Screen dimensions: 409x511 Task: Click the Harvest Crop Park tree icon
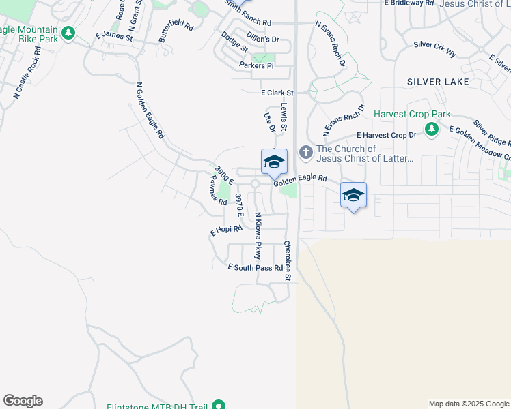[x=431, y=129]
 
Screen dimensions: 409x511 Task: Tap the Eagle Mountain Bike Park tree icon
[x=68, y=33]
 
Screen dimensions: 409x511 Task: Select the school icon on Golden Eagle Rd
[x=274, y=162]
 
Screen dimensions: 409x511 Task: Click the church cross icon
[x=305, y=153]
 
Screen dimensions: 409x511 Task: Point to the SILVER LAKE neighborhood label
[x=438, y=82]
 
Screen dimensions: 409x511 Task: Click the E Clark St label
[x=277, y=93]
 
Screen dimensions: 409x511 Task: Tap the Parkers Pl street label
[x=256, y=65]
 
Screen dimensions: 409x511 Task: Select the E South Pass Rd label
[x=255, y=268]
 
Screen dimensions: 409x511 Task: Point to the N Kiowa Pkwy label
[x=258, y=235]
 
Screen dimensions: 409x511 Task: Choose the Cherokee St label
[x=288, y=260]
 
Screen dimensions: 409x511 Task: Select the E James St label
[x=114, y=35]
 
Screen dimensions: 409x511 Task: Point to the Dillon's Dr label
[x=263, y=40]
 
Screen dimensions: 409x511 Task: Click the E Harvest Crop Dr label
[x=386, y=136]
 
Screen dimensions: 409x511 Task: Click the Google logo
[x=23, y=401]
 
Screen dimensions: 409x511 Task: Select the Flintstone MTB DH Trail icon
[x=219, y=406]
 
